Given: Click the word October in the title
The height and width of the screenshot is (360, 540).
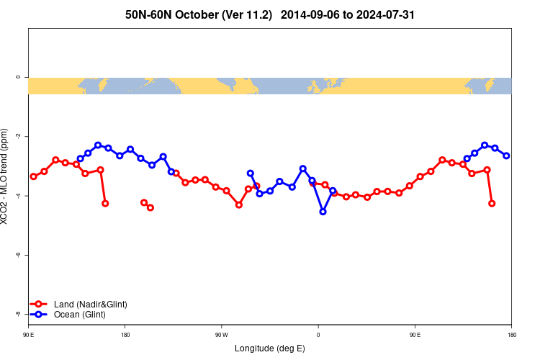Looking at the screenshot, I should [190, 14].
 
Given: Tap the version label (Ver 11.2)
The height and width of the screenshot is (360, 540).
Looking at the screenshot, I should [243, 14].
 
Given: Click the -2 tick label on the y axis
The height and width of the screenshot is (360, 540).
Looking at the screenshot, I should [19, 136].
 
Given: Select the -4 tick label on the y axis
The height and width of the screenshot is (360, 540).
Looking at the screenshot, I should [19, 196].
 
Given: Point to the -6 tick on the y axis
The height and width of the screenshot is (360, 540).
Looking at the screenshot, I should [19, 255].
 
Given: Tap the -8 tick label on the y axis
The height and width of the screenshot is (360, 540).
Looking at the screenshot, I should [19, 314].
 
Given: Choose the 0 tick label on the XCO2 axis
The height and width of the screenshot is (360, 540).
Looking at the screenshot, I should [19, 77].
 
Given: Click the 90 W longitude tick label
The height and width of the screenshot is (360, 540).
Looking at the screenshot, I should [221, 335].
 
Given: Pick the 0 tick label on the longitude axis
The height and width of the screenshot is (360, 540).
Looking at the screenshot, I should [318, 335].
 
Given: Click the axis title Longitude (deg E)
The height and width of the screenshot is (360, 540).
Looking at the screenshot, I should [270, 348].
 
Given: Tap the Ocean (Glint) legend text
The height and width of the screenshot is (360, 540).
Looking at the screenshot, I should [79, 315].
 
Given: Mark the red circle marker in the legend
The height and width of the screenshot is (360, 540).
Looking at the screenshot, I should [40, 305].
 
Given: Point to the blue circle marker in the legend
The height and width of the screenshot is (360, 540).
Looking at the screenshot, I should [40, 315].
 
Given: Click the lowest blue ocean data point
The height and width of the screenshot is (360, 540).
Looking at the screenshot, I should [323, 212].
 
